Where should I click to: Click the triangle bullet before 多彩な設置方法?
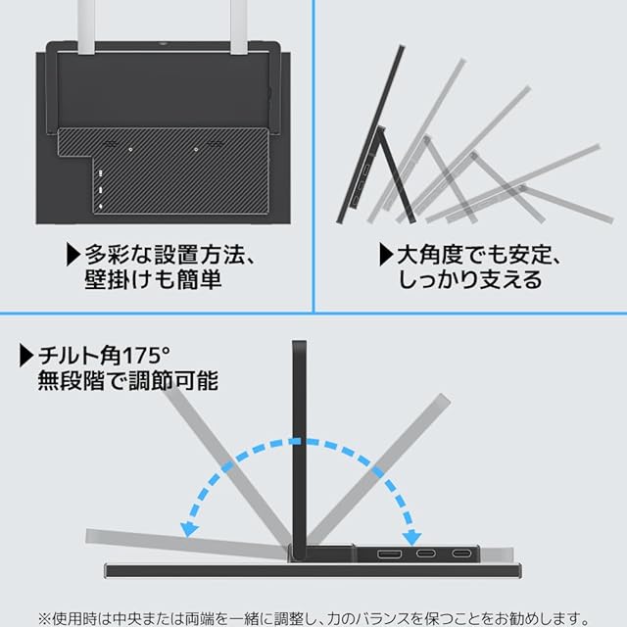pos(72,255)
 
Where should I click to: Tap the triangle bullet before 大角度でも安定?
pos(386,255)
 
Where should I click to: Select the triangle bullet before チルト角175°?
pos(26,356)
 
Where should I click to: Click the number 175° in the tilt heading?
pos(146,355)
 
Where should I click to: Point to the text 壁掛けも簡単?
pos(153,279)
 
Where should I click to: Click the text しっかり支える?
pos(470,279)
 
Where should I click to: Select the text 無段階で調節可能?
pos(128,381)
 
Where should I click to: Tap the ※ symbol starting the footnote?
pos(44,618)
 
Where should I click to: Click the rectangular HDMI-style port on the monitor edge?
pos(389,554)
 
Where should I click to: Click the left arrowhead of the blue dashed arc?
pos(189,529)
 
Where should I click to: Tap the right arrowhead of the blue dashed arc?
pos(411,538)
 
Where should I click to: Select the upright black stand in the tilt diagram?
pos(299,448)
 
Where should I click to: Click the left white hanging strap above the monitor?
pos(86,26)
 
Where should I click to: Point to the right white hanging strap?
pos(238,26)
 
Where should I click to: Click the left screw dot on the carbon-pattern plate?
pos(130,150)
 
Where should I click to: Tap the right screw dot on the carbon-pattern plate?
pos(196,150)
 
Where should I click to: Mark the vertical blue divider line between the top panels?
pos(313,156)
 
